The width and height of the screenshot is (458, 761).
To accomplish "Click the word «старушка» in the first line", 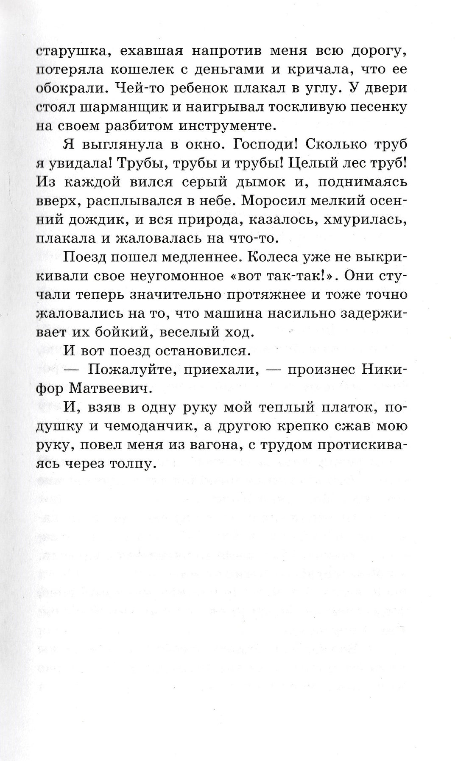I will (x=69, y=52).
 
